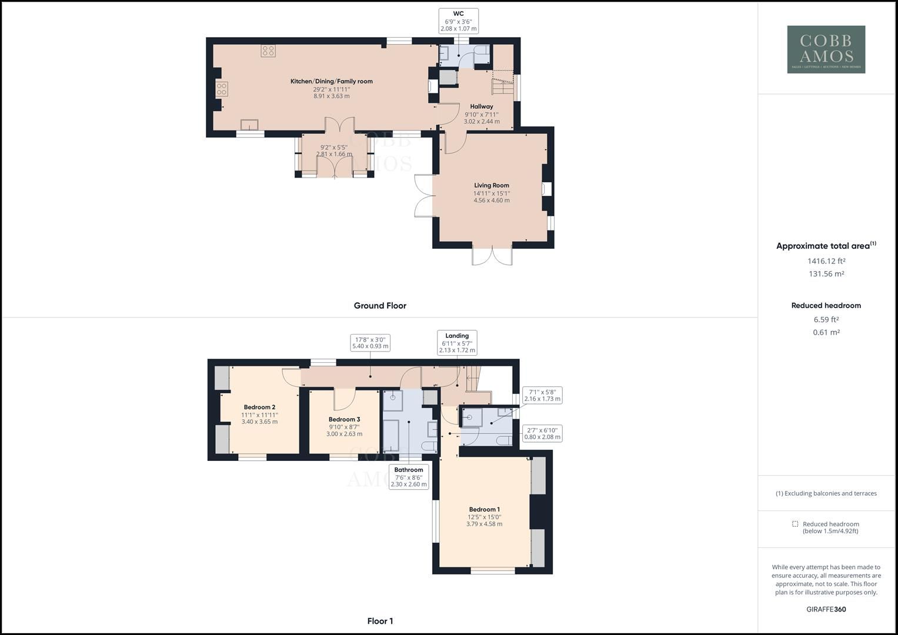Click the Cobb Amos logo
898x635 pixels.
pyautogui.click(x=826, y=49)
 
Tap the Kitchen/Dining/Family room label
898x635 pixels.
pyautogui.click(x=331, y=82)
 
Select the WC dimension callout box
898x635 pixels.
pyautogui.click(x=458, y=21)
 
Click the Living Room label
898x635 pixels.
pyautogui.click(x=492, y=186)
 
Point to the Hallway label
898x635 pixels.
pyautogui.click(x=482, y=107)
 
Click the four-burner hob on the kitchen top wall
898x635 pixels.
pyautogui.click(x=268, y=51)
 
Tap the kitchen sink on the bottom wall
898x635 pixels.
pyautogui.click(x=249, y=124)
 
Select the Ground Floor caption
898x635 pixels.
pyautogui.click(x=380, y=306)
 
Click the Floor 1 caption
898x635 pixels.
pyautogui.click(x=380, y=621)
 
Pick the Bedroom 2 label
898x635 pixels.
pyautogui.click(x=259, y=407)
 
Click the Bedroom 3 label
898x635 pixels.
pyautogui.click(x=344, y=420)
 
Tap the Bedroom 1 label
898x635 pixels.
pyautogui.click(x=484, y=510)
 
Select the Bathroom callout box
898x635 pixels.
pyautogui.click(x=409, y=477)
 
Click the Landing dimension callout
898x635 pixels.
pyautogui.click(x=457, y=343)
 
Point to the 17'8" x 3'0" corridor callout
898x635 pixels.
pyautogui.click(x=370, y=343)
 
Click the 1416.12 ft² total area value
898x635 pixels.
pyautogui.click(x=826, y=261)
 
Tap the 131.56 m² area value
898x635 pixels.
pyautogui.click(x=826, y=274)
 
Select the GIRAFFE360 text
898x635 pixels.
pyautogui.click(x=826, y=609)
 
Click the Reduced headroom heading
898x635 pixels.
pyautogui.click(x=826, y=306)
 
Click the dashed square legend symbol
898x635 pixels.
pyautogui.click(x=795, y=524)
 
